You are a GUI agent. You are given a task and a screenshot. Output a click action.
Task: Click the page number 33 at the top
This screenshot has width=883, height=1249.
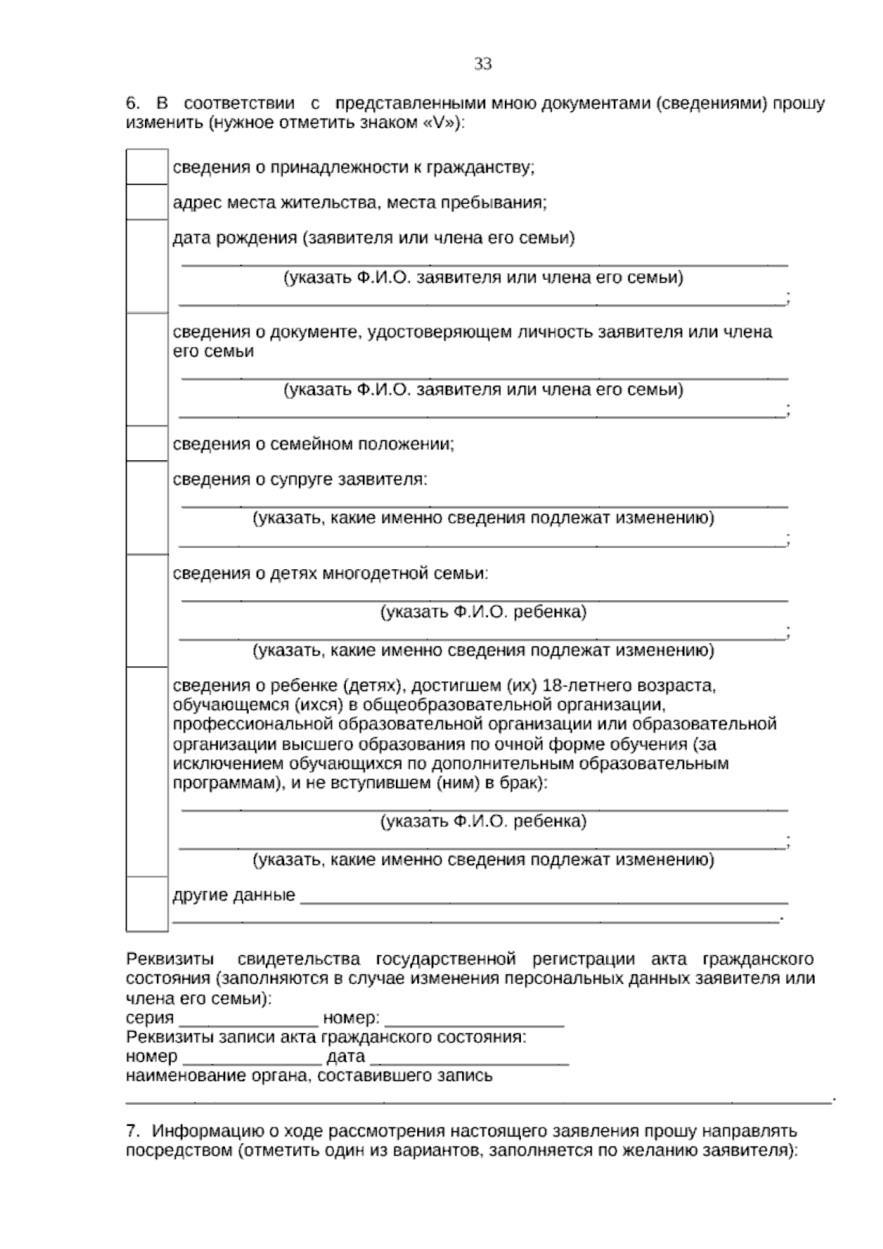point(483,64)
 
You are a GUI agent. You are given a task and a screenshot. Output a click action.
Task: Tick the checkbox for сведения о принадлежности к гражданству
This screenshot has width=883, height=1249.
point(147,167)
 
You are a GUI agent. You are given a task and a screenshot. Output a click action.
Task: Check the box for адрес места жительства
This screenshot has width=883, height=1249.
point(147,203)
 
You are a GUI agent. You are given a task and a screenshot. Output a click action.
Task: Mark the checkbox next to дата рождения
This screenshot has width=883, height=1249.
point(147,266)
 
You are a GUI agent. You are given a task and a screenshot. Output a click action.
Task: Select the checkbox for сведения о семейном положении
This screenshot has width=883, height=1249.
point(147,444)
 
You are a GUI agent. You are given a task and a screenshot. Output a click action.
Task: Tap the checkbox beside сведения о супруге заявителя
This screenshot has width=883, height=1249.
point(147,507)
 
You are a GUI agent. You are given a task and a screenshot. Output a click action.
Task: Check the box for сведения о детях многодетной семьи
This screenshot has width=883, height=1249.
point(147,611)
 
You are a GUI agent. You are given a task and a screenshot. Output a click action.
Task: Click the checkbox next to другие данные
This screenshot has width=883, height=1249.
point(147,904)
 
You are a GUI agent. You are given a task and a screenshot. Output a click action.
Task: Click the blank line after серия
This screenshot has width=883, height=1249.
point(248,1019)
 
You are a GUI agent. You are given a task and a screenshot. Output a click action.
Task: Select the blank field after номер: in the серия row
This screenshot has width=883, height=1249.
point(474,1019)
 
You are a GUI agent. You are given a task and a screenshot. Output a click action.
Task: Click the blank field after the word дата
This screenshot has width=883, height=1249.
point(469,1058)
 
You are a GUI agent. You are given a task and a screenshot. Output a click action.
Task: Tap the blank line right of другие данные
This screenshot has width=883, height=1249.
point(545,897)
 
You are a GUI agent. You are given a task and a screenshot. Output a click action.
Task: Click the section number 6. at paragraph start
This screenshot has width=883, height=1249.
point(132,104)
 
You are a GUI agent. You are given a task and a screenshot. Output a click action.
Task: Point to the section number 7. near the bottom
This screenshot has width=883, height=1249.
point(132,1131)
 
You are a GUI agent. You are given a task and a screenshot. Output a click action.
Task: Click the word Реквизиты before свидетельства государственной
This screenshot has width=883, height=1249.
point(171,960)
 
